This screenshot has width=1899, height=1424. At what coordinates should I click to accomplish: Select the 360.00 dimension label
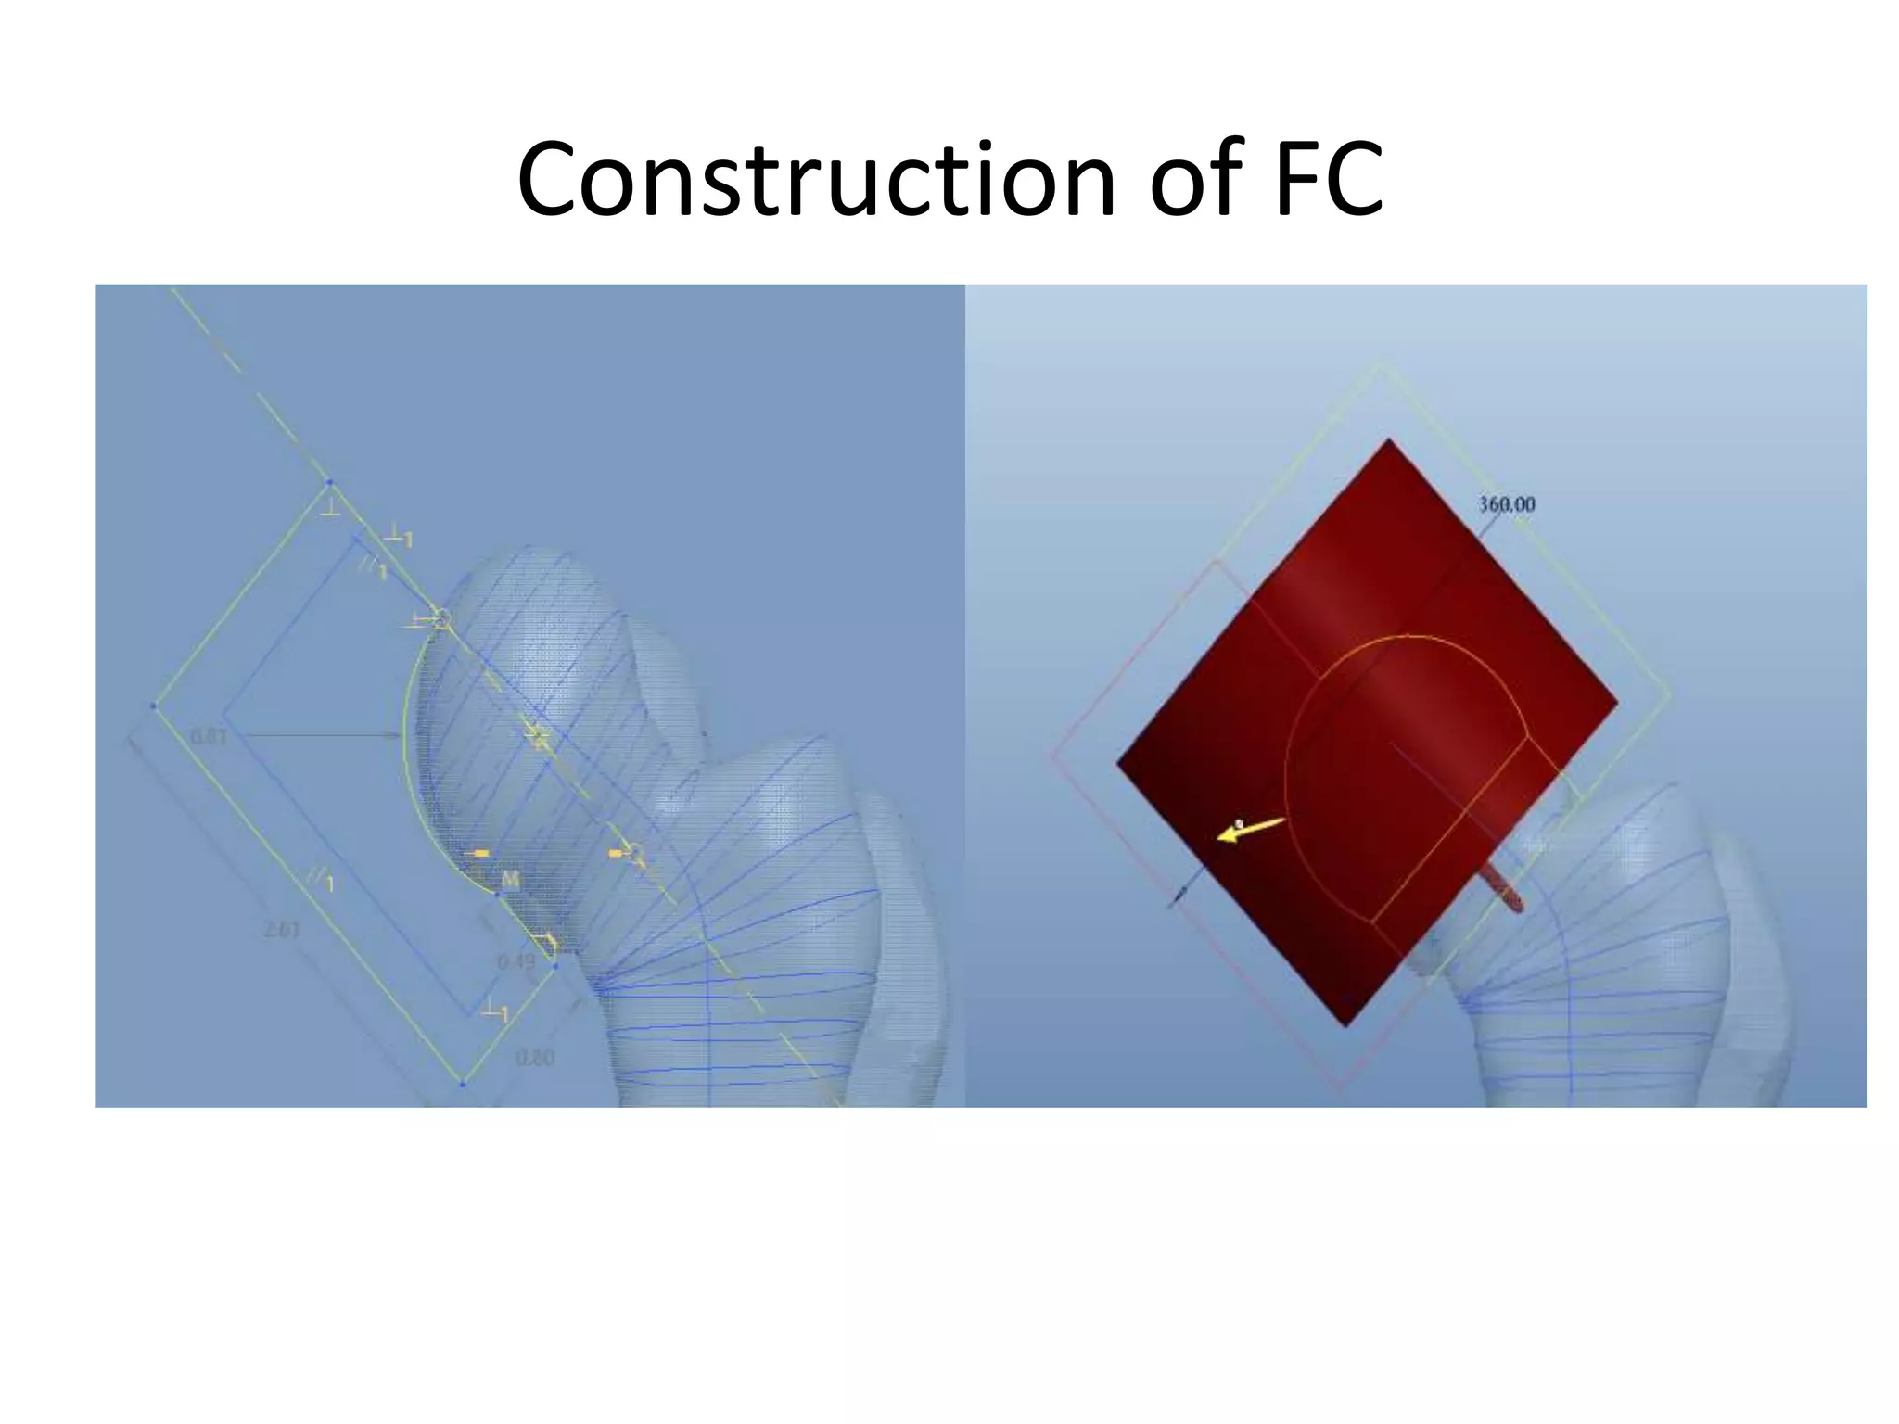1506,504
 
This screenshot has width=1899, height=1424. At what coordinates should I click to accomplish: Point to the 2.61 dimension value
282,928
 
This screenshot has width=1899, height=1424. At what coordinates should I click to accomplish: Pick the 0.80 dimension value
534,1057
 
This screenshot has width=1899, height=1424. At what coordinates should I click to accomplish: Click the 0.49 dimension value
516,961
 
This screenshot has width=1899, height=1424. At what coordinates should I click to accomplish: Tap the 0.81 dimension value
209,736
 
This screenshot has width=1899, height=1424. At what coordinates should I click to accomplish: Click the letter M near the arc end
510,878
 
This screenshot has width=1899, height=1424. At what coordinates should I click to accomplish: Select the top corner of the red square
1388,439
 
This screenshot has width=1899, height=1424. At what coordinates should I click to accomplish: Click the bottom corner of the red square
1346,1025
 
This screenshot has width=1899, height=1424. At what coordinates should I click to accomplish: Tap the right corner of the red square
1617,703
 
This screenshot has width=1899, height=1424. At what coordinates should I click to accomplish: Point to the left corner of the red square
1117,764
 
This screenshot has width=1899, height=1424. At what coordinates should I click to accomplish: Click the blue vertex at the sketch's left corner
153,706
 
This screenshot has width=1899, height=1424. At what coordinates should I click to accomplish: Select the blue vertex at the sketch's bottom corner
462,1082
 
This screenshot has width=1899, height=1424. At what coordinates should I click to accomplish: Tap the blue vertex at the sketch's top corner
329,482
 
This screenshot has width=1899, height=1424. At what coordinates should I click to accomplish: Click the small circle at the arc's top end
442,617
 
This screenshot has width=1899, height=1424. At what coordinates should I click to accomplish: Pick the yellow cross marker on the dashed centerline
537,738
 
